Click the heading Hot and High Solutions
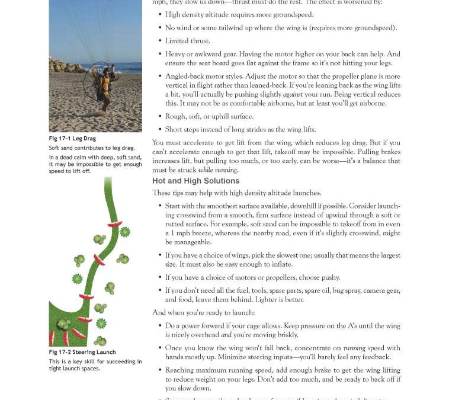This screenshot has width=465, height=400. [x=195, y=181]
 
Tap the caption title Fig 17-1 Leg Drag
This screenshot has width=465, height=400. [x=72, y=139]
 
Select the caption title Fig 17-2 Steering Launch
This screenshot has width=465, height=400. [x=82, y=353]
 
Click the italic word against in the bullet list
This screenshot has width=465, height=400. [x=293, y=94]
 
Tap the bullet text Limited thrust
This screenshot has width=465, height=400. [x=187, y=41]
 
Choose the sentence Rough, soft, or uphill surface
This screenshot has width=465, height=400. [x=209, y=116]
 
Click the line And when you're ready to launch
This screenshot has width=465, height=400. [x=203, y=313]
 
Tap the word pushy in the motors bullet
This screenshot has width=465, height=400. [x=330, y=277]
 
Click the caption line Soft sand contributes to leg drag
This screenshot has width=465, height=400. [x=91, y=148]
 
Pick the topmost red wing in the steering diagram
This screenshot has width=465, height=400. [x=114, y=225]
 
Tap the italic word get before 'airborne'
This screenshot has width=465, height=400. [x=354, y=103]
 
